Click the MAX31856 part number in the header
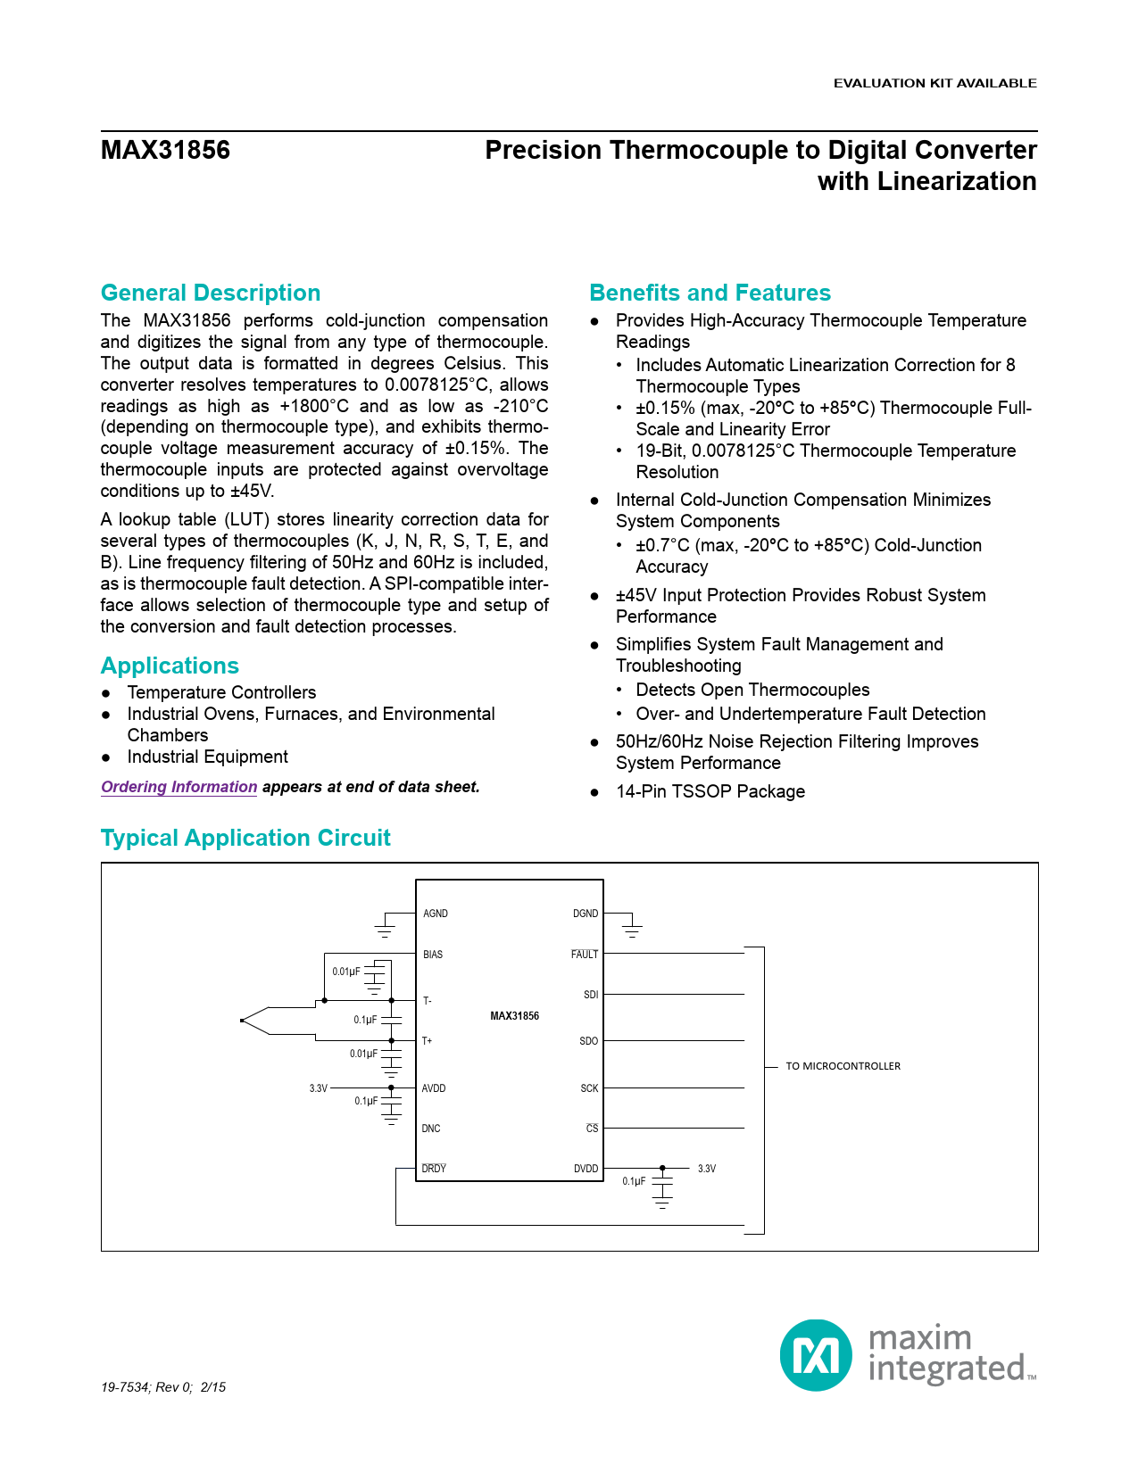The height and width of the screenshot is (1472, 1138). tap(165, 150)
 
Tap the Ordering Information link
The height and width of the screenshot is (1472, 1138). tap(179, 787)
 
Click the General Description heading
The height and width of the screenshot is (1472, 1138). tap(211, 293)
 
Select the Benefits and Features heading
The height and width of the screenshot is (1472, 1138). tap(710, 293)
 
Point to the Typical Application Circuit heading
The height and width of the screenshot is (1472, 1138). tap(245, 838)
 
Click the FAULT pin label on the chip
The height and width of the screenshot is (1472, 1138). tap(585, 955)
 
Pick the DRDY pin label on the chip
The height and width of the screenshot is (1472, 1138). tap(434, 1169)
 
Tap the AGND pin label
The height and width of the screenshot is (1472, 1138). tap(436, 914)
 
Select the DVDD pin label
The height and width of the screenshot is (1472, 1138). tap(586, 1169)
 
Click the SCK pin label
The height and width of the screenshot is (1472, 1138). tap(589, 1088)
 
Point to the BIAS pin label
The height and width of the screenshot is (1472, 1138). tap(433, 955)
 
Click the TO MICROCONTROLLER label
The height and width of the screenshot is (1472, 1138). tap(843, 1066)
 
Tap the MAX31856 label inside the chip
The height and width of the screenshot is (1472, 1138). tap(514, 1016)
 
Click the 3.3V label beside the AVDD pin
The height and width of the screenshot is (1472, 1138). tap(319, 1088)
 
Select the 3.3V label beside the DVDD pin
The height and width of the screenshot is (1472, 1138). tap(707, 1169)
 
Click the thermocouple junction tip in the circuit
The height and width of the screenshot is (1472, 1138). tap(243, 1021)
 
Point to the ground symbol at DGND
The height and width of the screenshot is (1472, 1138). tap(632, 931)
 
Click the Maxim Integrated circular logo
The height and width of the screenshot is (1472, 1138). tap(816, 1355)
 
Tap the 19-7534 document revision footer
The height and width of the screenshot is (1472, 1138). tap(163, 1387)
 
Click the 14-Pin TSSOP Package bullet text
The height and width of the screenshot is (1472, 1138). tap(710, 791)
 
